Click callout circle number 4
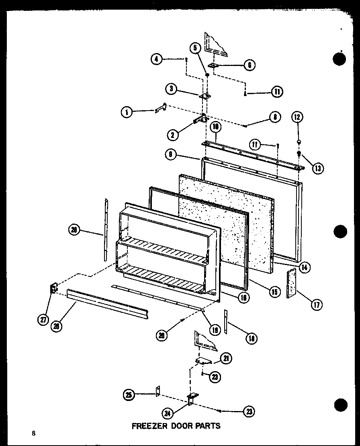tap(157, 59)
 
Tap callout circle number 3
tap(172, 89)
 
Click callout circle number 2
tap(172, 135)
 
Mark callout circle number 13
tap(317, 168)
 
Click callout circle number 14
tap(305, 266)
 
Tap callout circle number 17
tap(316, 304)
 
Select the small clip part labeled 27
tap(53, 289)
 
